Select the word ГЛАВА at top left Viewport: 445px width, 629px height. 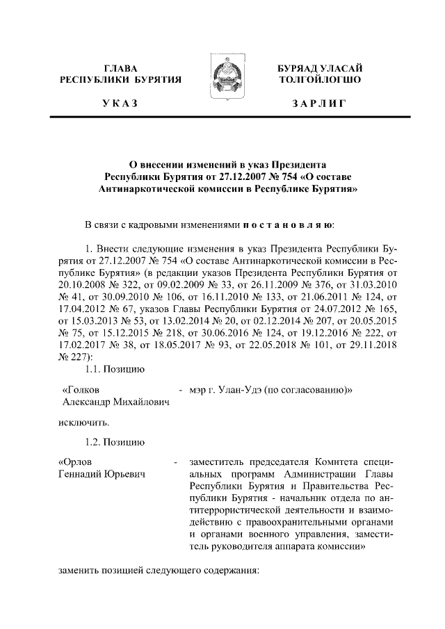point(121,68)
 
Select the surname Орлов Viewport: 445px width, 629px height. point(74,461)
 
